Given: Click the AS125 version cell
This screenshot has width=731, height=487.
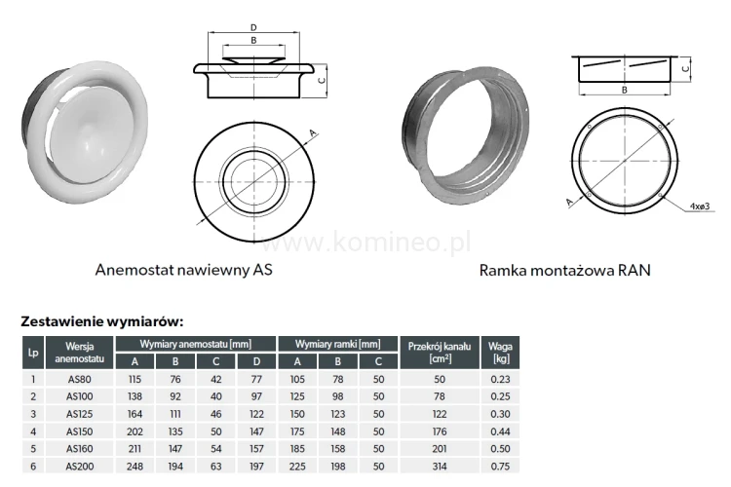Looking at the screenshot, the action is coord(79,414).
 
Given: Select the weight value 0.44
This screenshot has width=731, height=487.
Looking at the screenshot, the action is coord(500,431).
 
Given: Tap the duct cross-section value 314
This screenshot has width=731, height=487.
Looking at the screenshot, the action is coord(440,467).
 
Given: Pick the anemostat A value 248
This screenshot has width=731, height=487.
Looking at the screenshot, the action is coord(135,467).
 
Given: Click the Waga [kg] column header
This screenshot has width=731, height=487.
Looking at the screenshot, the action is coord(500,353).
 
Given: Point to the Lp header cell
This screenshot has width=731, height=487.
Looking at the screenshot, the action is coord(33,353).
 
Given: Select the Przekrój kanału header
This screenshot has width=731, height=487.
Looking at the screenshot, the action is coord(440,353).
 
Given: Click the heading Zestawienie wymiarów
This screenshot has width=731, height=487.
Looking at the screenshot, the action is coord(102,321).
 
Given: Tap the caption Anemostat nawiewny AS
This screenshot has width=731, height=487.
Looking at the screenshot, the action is coord(183,270).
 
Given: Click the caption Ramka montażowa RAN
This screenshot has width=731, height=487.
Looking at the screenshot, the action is coord(564,271).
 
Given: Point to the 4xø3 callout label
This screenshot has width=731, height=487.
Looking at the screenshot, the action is coord(700,206).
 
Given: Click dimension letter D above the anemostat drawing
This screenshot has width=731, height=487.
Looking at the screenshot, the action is coord(253,28).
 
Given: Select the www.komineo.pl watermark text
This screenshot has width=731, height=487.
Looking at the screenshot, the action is coord(365,243).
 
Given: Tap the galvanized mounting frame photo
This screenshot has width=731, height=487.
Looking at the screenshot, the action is coord(465,134).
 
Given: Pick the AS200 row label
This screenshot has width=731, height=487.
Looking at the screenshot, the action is coord(79,467).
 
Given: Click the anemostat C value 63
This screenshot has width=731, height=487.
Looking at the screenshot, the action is coord(215,467).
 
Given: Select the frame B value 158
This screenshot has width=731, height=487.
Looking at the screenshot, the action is coord(338,449).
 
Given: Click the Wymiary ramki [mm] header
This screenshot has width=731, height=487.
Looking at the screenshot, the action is coord(337,345).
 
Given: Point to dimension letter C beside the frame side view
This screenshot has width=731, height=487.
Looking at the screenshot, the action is coord(685,68).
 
